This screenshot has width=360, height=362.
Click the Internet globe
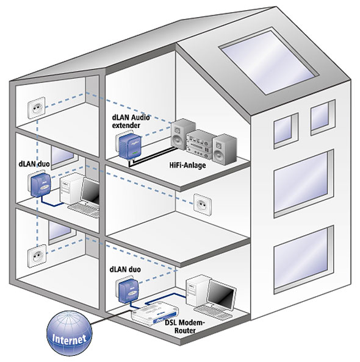point(70,333)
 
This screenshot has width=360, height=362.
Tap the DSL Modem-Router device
point(155,313)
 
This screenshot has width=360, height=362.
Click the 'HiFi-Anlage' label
point(187,165)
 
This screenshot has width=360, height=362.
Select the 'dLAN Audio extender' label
point(131,121)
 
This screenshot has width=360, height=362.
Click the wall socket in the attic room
point(36,108)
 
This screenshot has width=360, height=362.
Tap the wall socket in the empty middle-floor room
point(203,205)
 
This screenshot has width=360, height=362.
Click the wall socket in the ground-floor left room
point(37,256)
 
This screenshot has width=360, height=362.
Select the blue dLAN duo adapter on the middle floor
point(41,185)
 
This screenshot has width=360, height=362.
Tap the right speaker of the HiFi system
point(225,149)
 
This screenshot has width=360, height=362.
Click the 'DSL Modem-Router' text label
point(185,326)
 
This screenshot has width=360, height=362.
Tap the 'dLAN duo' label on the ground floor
point(125,269)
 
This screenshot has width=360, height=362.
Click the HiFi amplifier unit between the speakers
point(200,144)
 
